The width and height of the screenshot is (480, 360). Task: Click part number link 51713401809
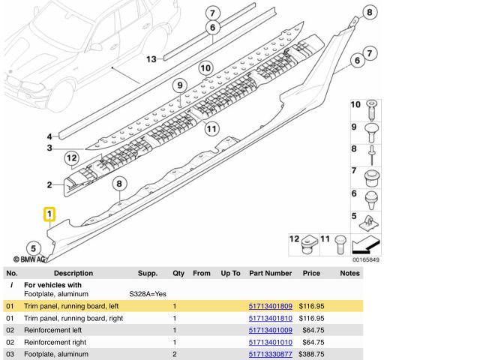tap(270, 306)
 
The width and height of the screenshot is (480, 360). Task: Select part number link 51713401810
tap(270, 318)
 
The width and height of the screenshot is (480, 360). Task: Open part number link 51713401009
tap(270, 330)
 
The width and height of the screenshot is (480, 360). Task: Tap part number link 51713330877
tap(270, 354)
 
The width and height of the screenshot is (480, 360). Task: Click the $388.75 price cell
tap(310, 354)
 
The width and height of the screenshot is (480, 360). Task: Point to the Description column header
tap(73, 274)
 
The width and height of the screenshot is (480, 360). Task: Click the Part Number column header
tap(270, 274)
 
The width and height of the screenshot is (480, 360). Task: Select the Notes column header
tap(349, 274)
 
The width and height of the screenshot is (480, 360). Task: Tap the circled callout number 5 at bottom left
tap(32, 248)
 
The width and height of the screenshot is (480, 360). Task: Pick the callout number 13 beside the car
tap(151, 59)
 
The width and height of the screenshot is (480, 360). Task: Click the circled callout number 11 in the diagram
tap(211, 128)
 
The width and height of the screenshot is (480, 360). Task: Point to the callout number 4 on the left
tap(49, 136)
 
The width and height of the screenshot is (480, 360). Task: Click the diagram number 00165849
tap(365, 260)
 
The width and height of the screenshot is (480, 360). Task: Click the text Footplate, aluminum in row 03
tap(56, 354)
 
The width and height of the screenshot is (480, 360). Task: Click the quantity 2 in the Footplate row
tap(174, 354)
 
